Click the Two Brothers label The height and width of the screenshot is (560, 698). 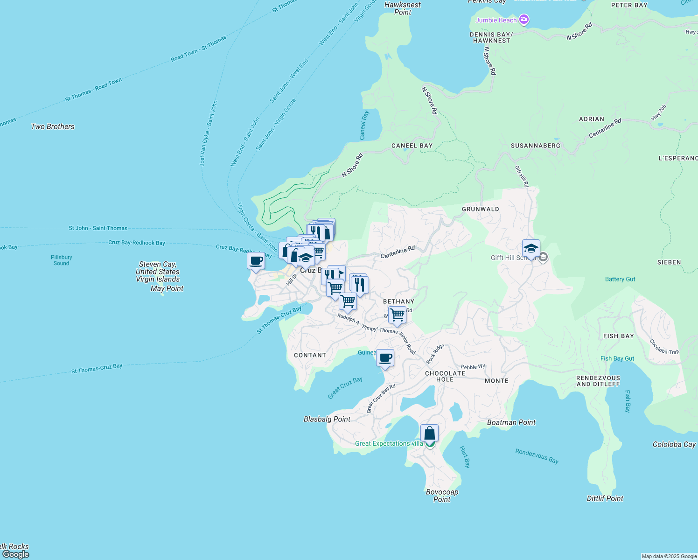coord(52,126)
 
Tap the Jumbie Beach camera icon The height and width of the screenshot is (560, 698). coord(524,20)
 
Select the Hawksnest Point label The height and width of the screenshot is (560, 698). coord(402,8)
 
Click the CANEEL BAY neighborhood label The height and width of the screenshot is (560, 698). coord(412,146)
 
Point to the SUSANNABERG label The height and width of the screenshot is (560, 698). coord(535,146)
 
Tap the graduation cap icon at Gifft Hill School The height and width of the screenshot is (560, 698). coord(531,249)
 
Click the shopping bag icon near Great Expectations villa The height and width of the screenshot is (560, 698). coord(429,433)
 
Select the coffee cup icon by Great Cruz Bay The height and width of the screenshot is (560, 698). coord(385,358)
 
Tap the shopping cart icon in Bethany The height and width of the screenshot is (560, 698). coord(397,315)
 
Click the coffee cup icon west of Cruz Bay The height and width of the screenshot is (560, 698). coord(256,261)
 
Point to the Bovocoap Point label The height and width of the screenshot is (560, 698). coord(442,496)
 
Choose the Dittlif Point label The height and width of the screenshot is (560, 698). coord(605,498)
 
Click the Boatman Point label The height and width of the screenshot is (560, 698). coord(511,422)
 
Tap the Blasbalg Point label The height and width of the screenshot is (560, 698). coord(327,419)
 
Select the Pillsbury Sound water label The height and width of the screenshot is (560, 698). coord(61,260)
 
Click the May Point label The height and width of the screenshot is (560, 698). coord(167,288)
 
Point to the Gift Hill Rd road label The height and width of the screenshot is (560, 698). coord(522,176)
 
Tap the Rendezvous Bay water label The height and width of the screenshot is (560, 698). coord(537,456)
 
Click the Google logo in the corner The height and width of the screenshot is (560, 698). coord(16,554)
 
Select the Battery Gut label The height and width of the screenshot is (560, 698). coord(620,279)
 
